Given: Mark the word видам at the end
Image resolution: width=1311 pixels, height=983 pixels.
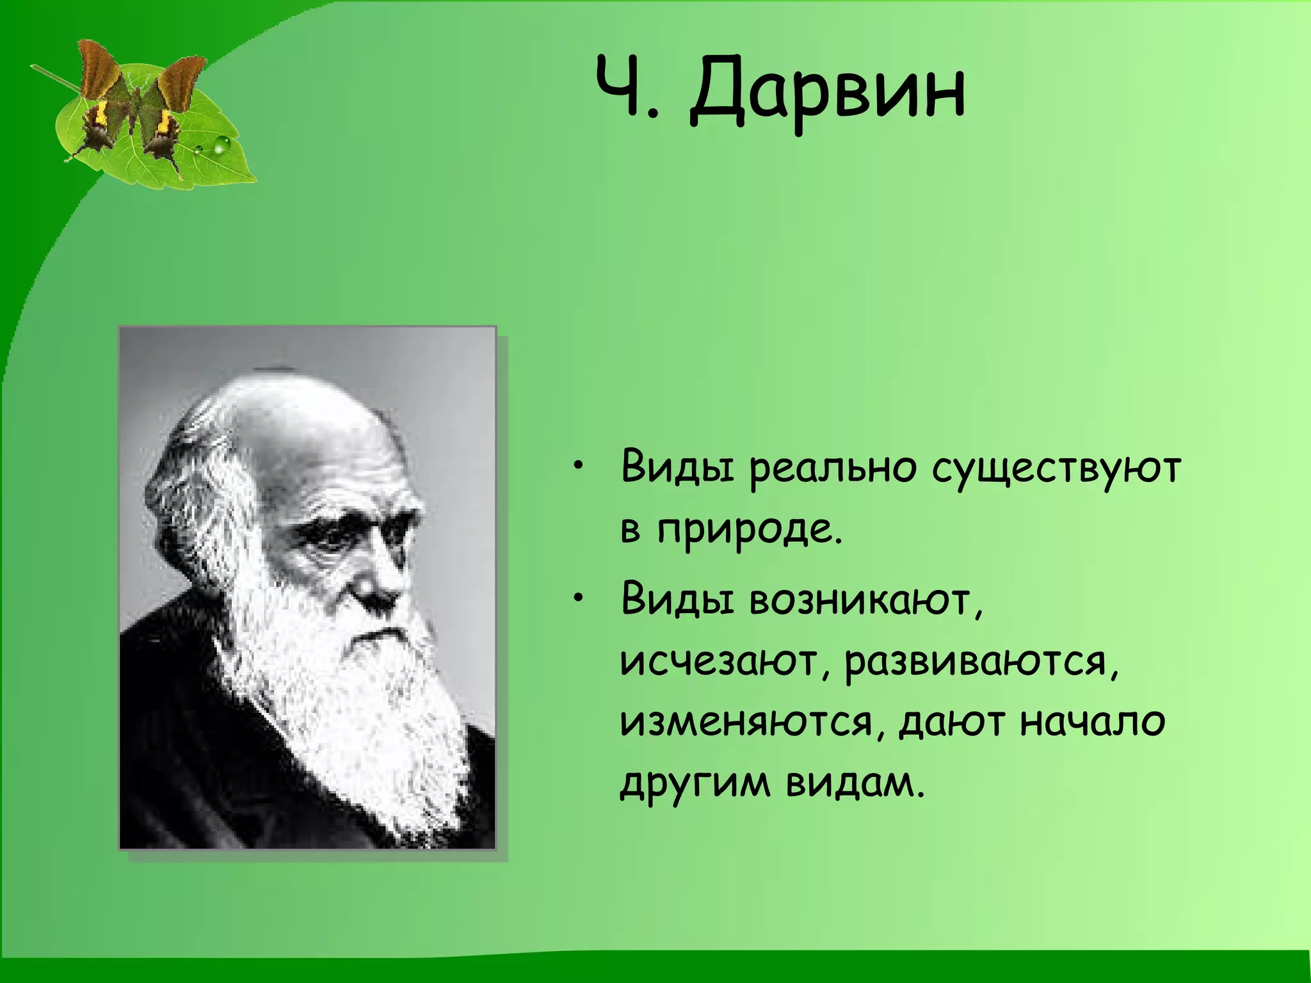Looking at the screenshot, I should coord(855,783).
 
